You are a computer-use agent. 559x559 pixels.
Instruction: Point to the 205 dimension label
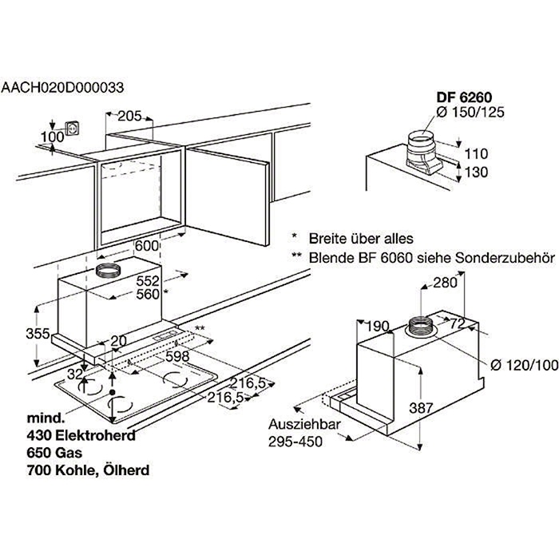(x=129, y=117)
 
